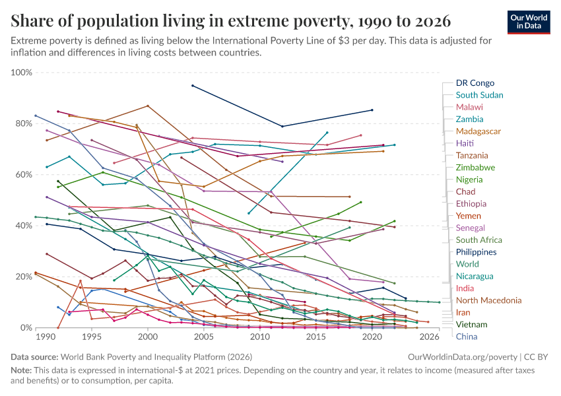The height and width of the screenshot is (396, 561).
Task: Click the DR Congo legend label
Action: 475,83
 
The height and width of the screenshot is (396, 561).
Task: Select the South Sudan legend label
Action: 479,95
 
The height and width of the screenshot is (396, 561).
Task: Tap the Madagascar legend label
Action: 478,131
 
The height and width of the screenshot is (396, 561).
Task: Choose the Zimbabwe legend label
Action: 475,168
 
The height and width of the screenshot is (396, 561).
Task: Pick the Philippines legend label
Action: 476,252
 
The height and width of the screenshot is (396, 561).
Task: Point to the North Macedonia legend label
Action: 488,300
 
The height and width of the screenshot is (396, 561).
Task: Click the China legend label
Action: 467,337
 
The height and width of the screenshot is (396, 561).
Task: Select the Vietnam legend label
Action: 471,325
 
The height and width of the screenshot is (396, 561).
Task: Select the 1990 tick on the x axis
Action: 46,337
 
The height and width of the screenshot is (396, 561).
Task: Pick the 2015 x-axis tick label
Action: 317,337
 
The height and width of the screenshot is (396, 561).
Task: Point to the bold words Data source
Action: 36,357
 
